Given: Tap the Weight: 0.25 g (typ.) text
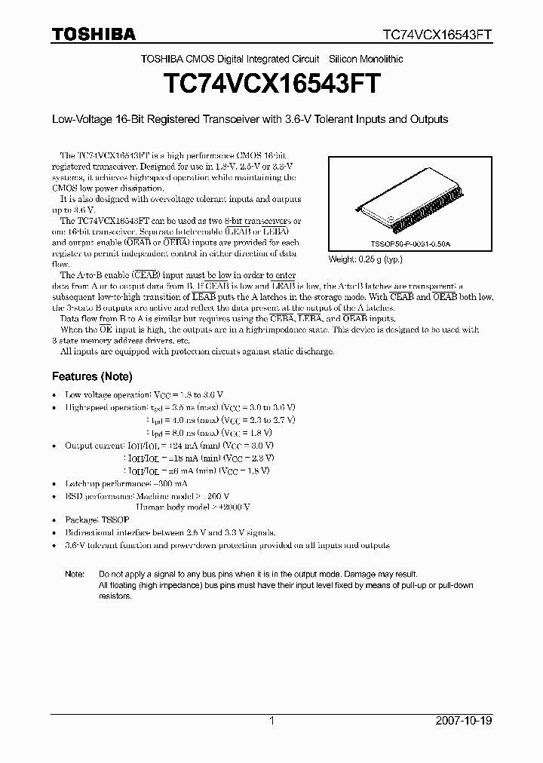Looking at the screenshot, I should (365, 259).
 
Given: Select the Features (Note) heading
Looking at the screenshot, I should (91, 376).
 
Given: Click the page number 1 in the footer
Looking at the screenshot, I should (271, 721).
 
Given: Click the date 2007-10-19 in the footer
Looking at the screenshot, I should (463, 721).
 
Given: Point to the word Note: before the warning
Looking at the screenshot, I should (75, 574).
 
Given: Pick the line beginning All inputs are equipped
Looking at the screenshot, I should (196, 352).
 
